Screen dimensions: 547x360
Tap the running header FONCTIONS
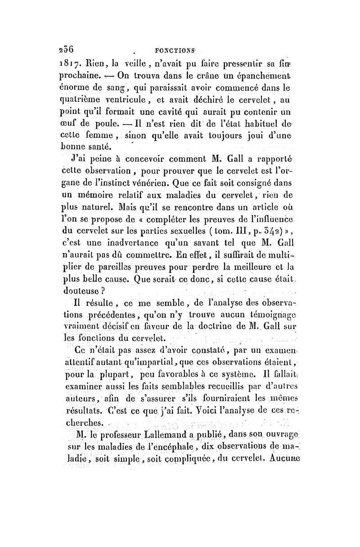click(x=172, y=51)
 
